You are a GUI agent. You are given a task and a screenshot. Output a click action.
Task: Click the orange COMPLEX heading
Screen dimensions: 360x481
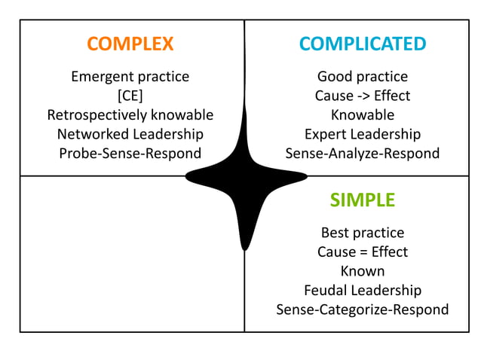click(x=130, y=44)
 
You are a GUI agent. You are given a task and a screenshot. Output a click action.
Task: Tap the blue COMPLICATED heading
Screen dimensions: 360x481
click(x=362, y=44)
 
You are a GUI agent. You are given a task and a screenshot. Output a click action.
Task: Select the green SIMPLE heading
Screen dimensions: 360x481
click(x=362, y=200)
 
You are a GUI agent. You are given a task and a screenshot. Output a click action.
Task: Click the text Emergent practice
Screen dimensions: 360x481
click(x=130, y=77)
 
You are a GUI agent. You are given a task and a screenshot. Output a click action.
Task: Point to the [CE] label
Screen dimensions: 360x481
click(x=130, y=96)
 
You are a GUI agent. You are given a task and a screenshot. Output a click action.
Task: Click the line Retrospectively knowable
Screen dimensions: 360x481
click(x=130, y=115)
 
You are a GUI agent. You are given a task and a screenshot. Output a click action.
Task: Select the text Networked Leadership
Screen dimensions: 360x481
click(x=130, y=134)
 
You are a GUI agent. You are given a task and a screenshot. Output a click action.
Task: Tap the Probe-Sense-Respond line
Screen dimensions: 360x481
click(x=130, y=154)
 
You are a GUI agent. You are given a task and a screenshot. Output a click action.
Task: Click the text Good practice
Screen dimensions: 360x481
click(x=362, y=77)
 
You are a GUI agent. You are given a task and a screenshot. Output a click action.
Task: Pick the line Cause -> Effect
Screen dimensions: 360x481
click(x=362, y=96)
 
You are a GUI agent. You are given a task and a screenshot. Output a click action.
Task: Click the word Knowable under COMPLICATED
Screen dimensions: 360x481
click(x=362, y=115)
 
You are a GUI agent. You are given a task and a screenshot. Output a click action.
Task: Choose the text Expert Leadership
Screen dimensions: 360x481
click(x=362, y=134)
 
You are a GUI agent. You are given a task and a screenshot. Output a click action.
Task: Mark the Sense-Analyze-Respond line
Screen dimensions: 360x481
click(x=362, y=154)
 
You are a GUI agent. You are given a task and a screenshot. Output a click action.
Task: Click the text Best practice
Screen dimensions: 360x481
click(x=362, y=233)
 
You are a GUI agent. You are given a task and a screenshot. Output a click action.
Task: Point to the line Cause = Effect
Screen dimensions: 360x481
click(x=362, y=252)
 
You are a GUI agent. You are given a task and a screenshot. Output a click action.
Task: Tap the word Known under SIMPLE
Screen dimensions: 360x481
click(x=362, y=271)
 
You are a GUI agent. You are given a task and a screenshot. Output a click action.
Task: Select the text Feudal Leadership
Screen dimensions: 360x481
click(x=362, y=290)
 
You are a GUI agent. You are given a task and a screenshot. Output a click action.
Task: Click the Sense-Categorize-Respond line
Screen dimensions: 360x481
click(x=362, y=310)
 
